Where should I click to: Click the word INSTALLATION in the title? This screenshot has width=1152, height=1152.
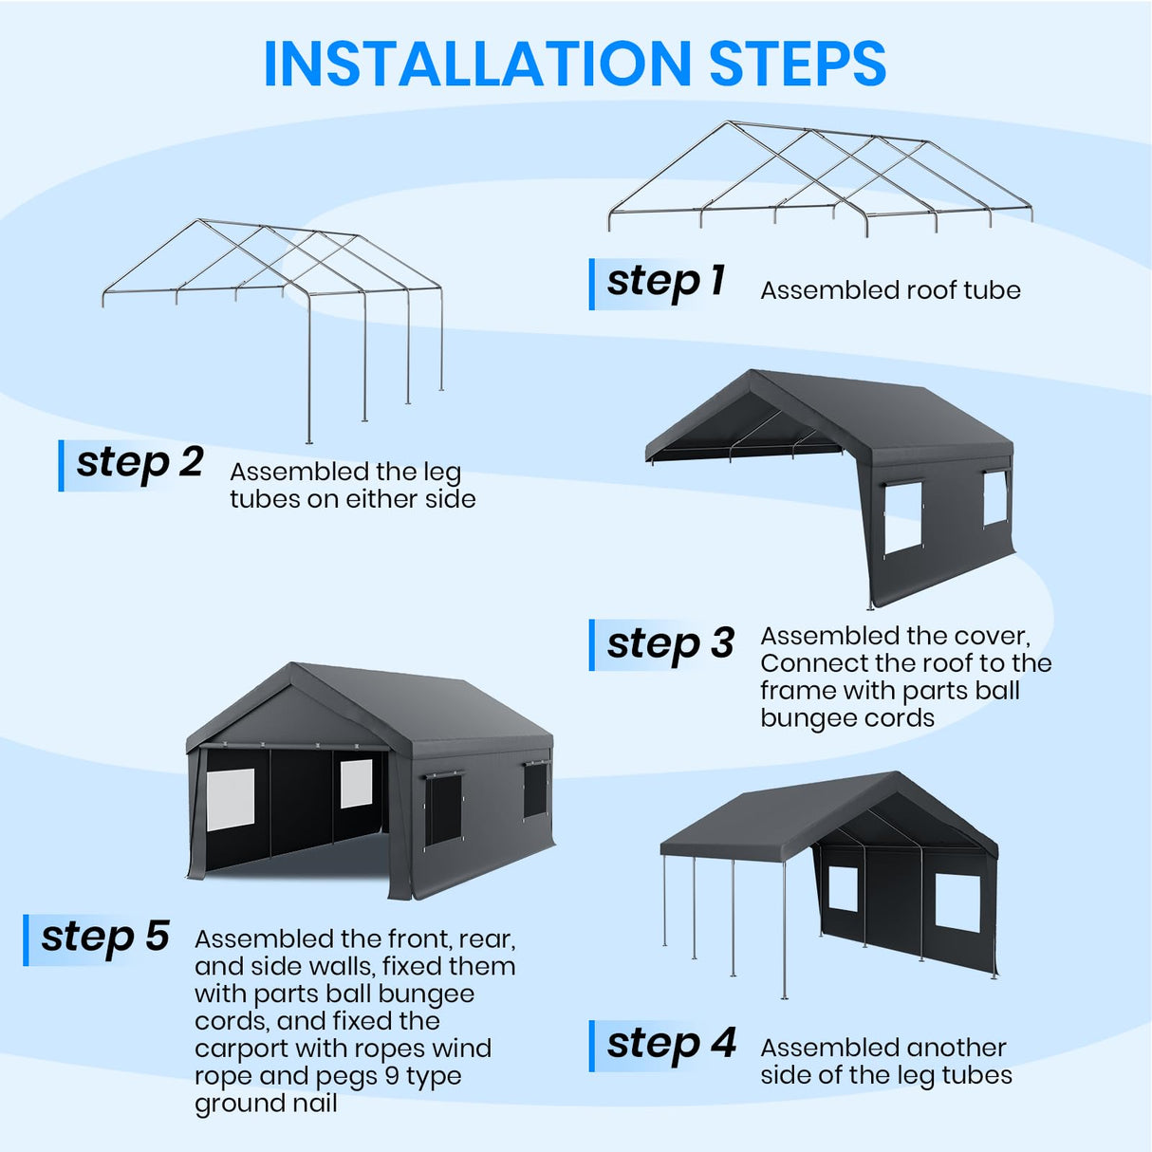click(477, 65)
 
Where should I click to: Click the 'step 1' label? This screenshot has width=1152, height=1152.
click(665, 282)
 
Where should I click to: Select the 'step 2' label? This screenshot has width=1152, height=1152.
click(139, 463)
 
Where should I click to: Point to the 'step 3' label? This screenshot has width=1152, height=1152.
click(670, 644)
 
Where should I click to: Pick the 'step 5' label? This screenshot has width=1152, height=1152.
click(104, 938)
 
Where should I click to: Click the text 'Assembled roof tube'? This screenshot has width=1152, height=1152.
click(890, 290)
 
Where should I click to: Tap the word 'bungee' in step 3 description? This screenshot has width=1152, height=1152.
click(805, 718)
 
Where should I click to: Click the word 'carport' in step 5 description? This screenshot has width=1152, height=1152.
click(241, 1049)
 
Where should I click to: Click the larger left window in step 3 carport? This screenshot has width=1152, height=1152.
click(902, 517)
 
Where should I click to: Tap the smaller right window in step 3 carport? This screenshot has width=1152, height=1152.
click(994, 498)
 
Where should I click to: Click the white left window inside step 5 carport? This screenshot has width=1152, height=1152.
click(231, 799)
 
